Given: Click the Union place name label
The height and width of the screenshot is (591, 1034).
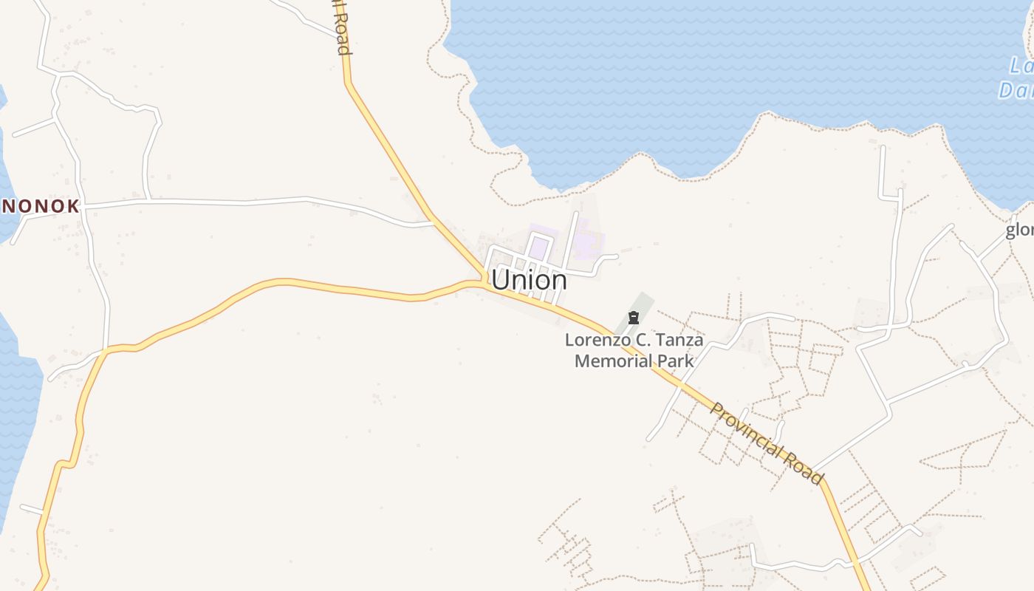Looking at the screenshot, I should click(529, 280).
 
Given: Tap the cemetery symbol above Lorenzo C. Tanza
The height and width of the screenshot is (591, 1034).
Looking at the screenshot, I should click(633, 318).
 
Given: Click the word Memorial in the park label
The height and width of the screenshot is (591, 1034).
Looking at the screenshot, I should click(613, 361).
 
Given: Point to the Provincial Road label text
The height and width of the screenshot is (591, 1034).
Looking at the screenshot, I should click(766, 443).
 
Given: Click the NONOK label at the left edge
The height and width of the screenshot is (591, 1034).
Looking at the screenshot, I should click(40, 206).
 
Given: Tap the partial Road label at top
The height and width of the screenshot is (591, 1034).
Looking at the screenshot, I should click(340, 27).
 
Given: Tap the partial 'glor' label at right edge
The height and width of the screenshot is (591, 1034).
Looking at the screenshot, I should click(1020, 230).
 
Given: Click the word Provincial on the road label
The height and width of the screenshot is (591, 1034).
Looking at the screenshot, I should click(747, 429).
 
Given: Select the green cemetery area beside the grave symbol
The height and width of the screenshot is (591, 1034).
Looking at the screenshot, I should click(642, 304).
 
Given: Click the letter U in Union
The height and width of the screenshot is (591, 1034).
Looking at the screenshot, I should click(501, 280).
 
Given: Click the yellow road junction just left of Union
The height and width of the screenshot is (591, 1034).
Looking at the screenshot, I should click(479, 281).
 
